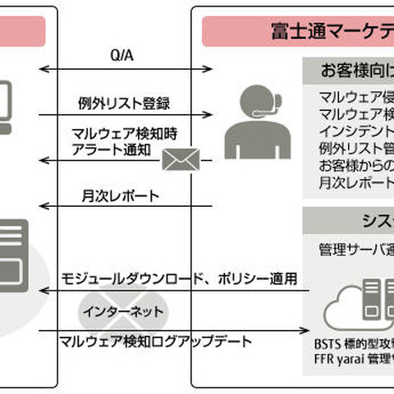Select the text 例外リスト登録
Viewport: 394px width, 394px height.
click(126, 104)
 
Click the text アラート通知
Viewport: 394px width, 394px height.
click(107, 152)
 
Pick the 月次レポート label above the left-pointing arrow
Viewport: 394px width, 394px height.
click(120, 196)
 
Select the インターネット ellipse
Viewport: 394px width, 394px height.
click(123, 313)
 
